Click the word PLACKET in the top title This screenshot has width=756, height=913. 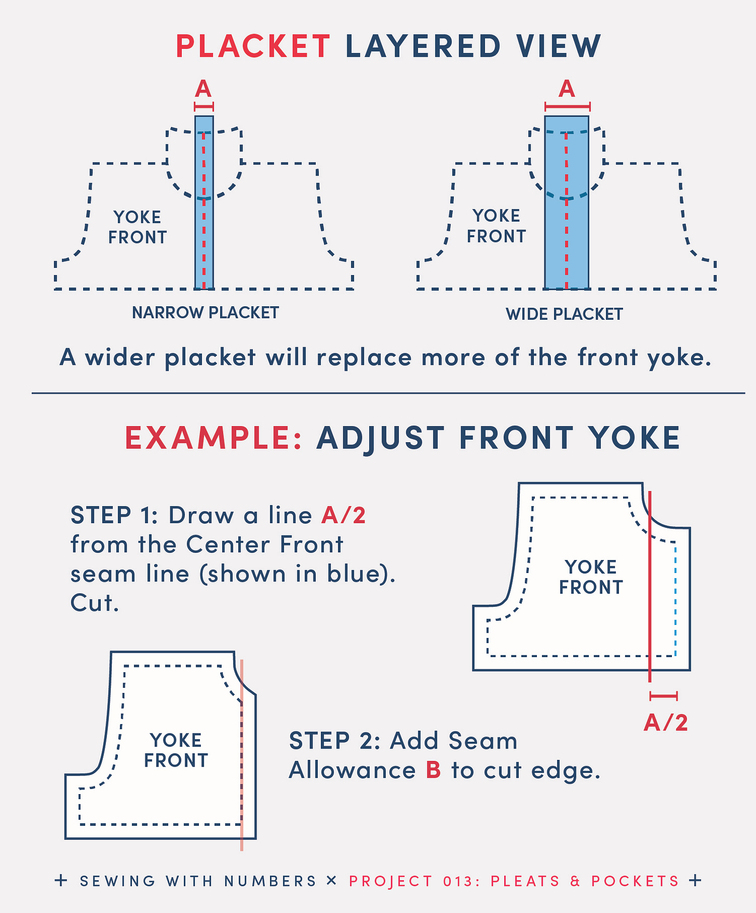coord(253,46)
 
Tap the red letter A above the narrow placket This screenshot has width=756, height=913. coord(203,89)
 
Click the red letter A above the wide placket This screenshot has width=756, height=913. coord(566,89)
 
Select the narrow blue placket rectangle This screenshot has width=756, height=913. coord(204,202)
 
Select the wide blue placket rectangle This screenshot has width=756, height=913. coord(566,202)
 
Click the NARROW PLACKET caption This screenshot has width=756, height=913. coord(206,312)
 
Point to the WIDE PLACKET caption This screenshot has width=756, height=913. coord(564,314)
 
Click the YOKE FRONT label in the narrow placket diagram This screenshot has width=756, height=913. coord(138,227)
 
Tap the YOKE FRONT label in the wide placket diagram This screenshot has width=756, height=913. coord(496,226)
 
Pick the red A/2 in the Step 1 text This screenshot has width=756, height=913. coord(344,515)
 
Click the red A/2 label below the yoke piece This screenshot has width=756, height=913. coord(666,723)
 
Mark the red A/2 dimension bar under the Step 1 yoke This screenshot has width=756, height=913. coord(664,696)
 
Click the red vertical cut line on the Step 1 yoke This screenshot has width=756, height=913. coord(650,587)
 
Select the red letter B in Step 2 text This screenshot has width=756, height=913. coord(434,770)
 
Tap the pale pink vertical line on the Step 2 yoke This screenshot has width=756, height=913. coord(241,755)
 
